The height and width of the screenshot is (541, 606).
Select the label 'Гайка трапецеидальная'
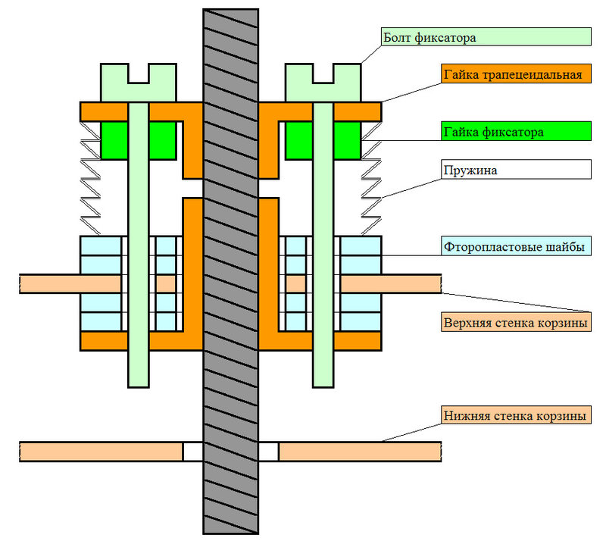515,73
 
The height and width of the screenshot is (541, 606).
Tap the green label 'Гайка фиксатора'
515,130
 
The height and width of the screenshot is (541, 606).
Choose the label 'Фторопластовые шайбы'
515,245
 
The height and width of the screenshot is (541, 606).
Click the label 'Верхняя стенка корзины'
515,322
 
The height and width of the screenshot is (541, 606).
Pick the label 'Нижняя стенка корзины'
515,415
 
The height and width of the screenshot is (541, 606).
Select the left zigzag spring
91,178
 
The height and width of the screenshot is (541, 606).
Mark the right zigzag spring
370,178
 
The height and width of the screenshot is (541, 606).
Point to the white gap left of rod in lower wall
192,452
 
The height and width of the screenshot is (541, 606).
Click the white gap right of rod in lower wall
269,452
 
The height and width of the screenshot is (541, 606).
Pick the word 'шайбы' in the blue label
567,245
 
